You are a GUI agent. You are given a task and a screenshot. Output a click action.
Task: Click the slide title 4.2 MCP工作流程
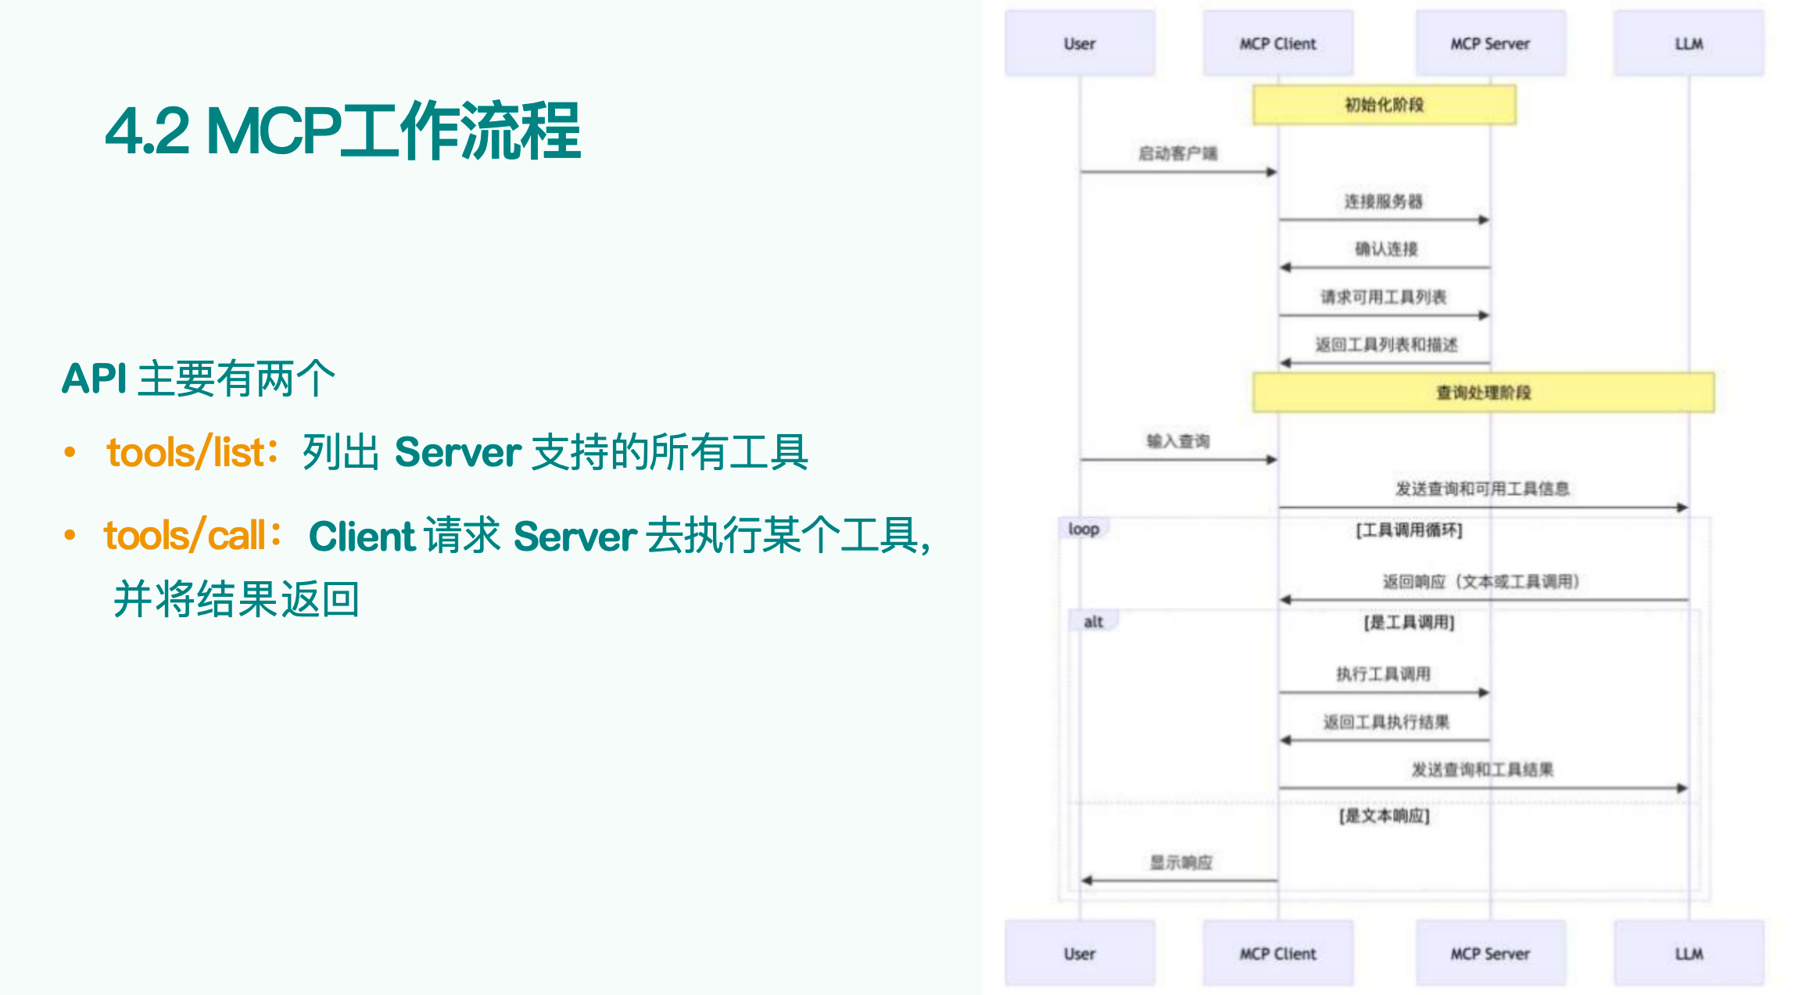point(342,131)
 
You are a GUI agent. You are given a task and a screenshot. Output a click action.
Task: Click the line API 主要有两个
point(199,379)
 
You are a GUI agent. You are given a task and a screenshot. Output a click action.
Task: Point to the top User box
point(1079,44)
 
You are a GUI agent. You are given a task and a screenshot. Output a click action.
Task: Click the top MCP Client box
point(1277,44)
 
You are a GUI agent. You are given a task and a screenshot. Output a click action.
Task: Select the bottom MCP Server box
point(1490,954)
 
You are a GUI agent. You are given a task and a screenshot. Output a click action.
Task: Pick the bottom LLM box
point(1689,954)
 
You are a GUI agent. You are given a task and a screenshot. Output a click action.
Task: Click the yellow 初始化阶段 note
point(1384,105)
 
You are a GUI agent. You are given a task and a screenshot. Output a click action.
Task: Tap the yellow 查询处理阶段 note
point(1483,393)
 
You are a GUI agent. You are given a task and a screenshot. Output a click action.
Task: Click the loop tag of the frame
point(1084,530)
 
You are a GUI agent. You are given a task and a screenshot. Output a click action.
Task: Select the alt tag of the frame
point(1093,622)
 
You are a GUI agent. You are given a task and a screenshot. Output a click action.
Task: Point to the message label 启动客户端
point(1177,153)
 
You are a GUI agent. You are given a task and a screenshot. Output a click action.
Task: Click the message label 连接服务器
point(1383,202)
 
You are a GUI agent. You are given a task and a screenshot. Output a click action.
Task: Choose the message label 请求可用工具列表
point(1383,297)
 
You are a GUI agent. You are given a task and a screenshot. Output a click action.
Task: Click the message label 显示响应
point(1181,863)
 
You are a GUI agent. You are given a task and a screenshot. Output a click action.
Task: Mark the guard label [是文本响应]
point(1384,817)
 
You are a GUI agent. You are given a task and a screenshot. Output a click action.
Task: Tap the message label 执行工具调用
point(1383,674)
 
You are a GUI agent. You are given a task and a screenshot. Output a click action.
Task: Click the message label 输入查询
point(1177,442)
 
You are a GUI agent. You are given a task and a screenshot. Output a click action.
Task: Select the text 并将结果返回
point(236,600)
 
